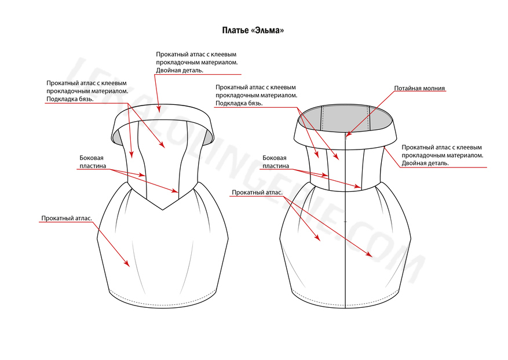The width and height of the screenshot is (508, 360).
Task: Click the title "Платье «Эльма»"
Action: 253,31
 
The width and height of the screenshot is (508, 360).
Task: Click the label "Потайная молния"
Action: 419,88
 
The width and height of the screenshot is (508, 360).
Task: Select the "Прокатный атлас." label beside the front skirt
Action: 67,219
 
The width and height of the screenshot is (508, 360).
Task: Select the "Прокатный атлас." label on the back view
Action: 257,192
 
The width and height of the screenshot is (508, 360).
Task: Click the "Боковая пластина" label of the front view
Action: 93,162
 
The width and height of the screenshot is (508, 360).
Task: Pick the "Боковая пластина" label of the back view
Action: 276,162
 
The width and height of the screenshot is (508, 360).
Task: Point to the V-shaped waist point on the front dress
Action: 163,209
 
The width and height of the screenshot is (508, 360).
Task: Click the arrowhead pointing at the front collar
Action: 159,108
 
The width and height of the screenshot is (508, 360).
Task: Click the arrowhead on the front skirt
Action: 127,263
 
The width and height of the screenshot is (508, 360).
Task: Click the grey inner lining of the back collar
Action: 345,118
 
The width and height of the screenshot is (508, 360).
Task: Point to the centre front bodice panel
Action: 163,162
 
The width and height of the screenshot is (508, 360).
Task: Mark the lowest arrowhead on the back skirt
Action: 369,254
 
